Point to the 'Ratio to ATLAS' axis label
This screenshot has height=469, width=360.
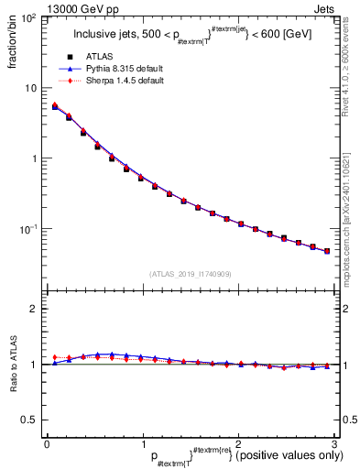[x=10, y=365]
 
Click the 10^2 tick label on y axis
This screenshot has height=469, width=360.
[x=28, y=18]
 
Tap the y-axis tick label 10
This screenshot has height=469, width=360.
[x=31, y=89]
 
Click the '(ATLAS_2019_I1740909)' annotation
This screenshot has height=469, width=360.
[x=191, y=274]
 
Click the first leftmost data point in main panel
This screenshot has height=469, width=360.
[x=55, y=107]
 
